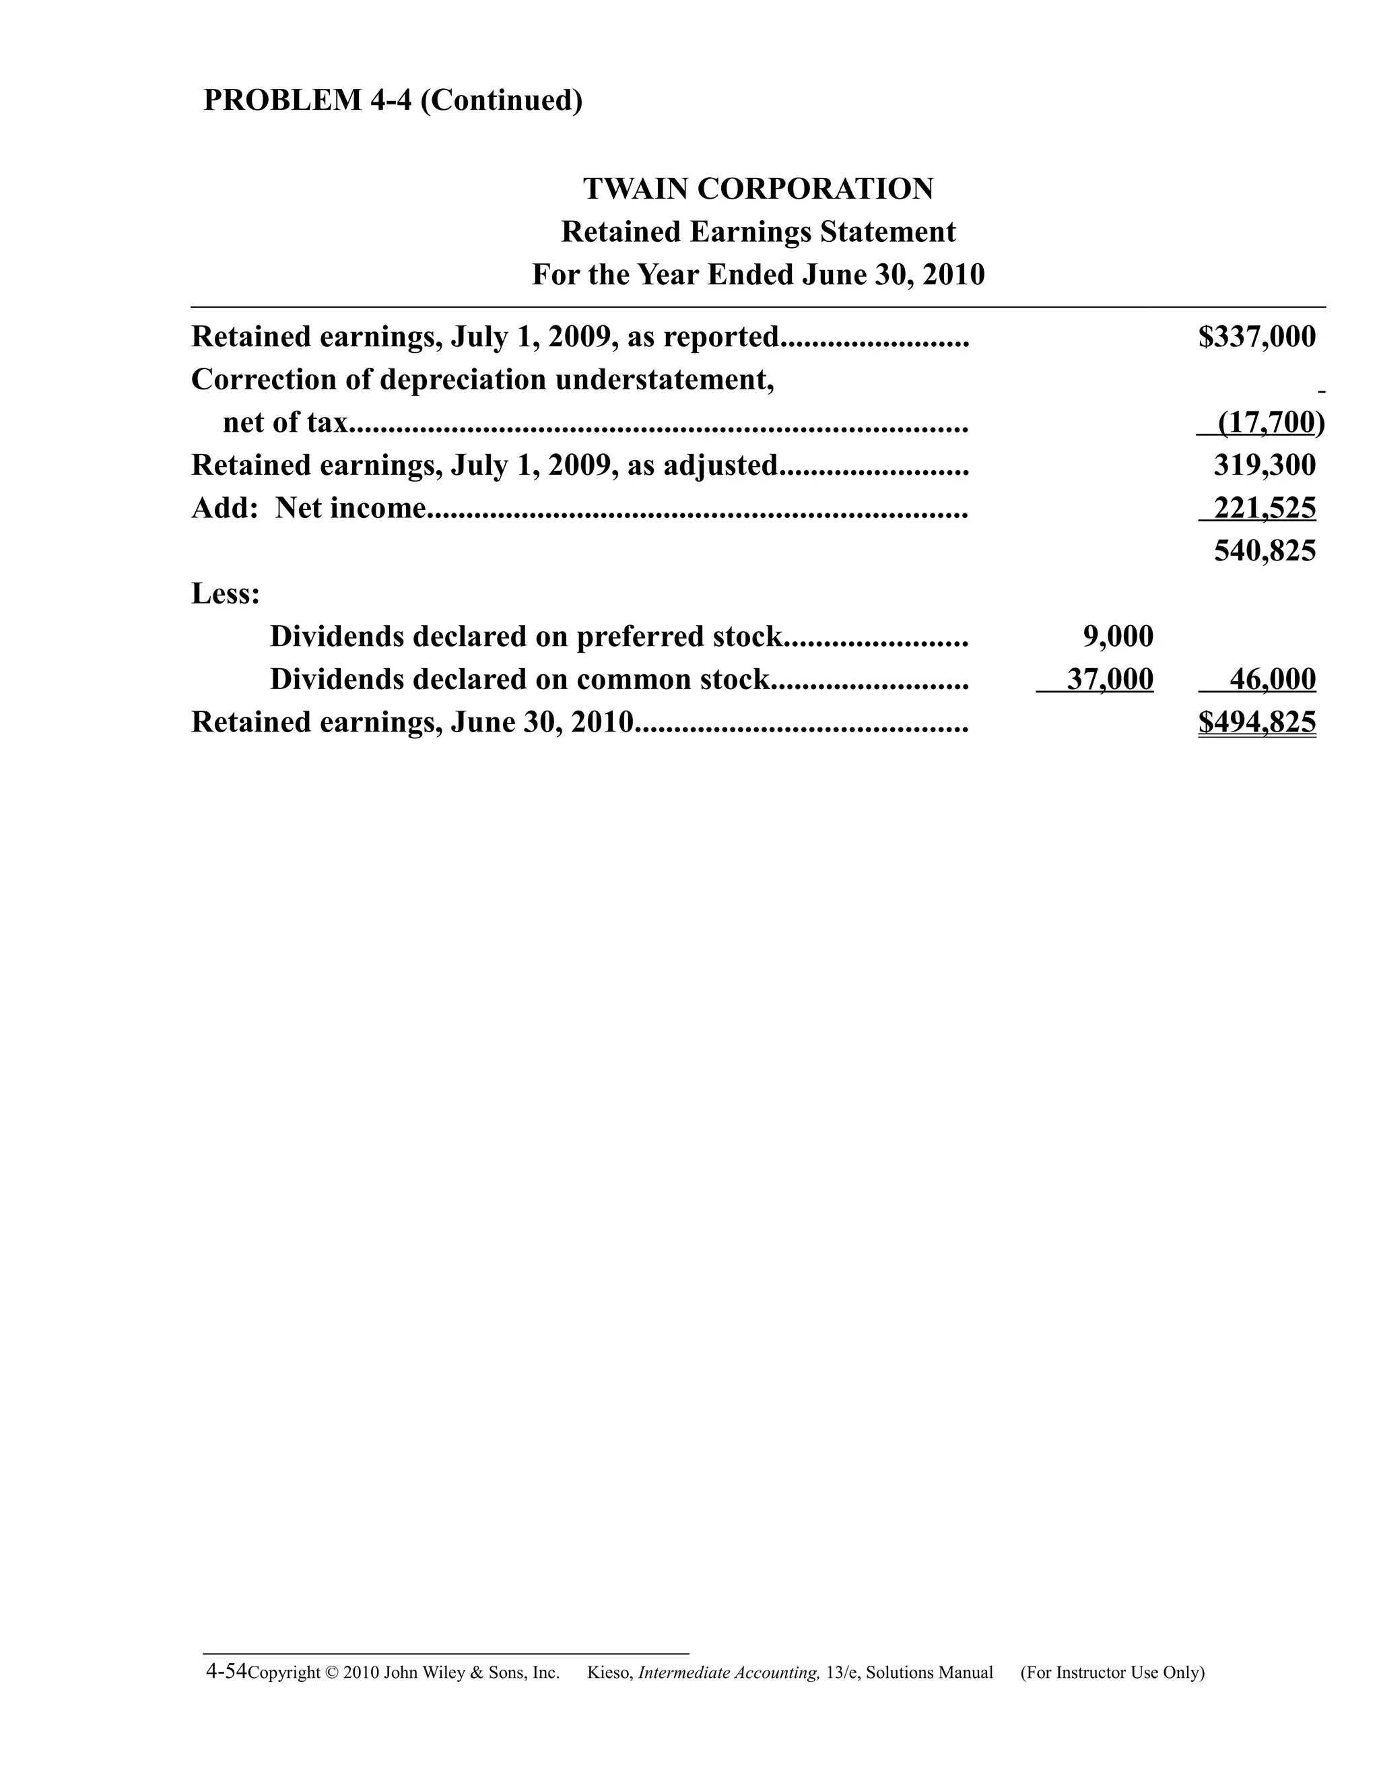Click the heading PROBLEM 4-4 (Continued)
[x=393, y=100]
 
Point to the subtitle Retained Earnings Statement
[x=758, y=232]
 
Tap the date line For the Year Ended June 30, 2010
[x=758, y=275]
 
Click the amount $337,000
[x=1256, y=337]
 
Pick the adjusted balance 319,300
[x=1265, y=465]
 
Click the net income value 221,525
[x=1265, y=509]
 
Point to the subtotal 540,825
[x=1265, y=551]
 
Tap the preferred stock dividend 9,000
[x=1118, y=637]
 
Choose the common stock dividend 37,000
[x=1110, y=679]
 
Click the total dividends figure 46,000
[x=1272, y=679]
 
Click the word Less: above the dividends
[x=226, y=594]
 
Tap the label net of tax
[x=285, y=422]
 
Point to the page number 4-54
[x=226, y=1670]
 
